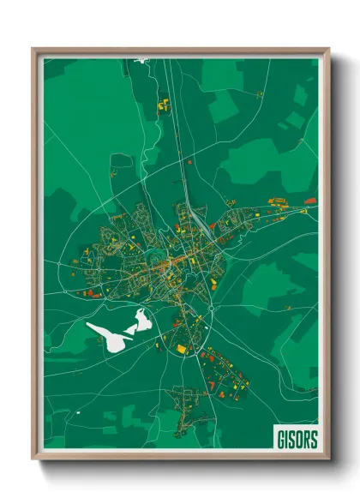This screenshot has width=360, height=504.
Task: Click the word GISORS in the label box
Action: pos(296,439)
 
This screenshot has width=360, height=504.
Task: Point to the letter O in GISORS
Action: pos(299,439)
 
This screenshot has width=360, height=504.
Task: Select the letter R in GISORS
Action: pos(307,439)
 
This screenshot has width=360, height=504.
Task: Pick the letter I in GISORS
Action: pos(286,439)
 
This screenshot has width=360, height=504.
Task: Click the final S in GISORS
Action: pos(314,439)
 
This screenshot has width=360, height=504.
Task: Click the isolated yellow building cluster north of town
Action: pos(163,105)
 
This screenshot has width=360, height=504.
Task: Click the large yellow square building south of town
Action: pos(181,349)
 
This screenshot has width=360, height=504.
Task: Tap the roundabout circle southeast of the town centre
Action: pos(209,310)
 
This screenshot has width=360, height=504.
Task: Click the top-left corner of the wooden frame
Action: pos(33,49)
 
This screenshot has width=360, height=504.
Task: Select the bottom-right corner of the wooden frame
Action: pos(328,459)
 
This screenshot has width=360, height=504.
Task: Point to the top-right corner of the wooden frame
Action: pos(328,49)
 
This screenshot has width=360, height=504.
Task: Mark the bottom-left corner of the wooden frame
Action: pos(33,459)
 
